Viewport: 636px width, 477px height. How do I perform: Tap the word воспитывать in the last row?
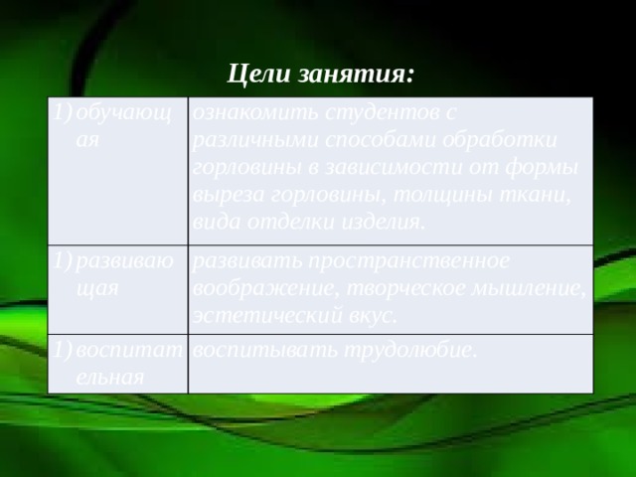coord(261,350)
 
